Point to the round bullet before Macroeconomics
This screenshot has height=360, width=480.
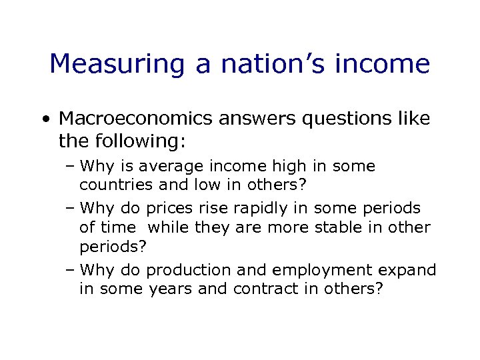tap(45, 120)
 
